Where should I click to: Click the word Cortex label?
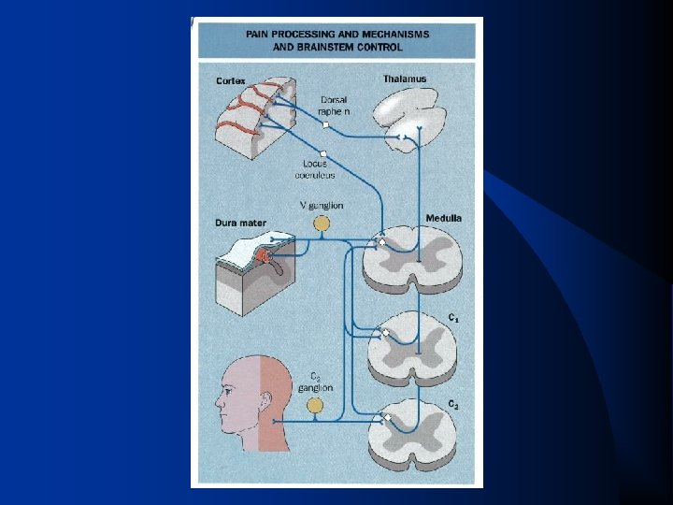(231, 81)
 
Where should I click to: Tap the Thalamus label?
(404, 79)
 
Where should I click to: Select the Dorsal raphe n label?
(334, 105)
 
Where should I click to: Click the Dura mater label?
(240, 224)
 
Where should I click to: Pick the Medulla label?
(444, 218)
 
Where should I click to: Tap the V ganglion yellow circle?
(321, 224)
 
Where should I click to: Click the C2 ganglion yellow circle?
(316, 405)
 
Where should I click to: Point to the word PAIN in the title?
(261, 33)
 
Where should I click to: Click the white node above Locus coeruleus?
(322, 152)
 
